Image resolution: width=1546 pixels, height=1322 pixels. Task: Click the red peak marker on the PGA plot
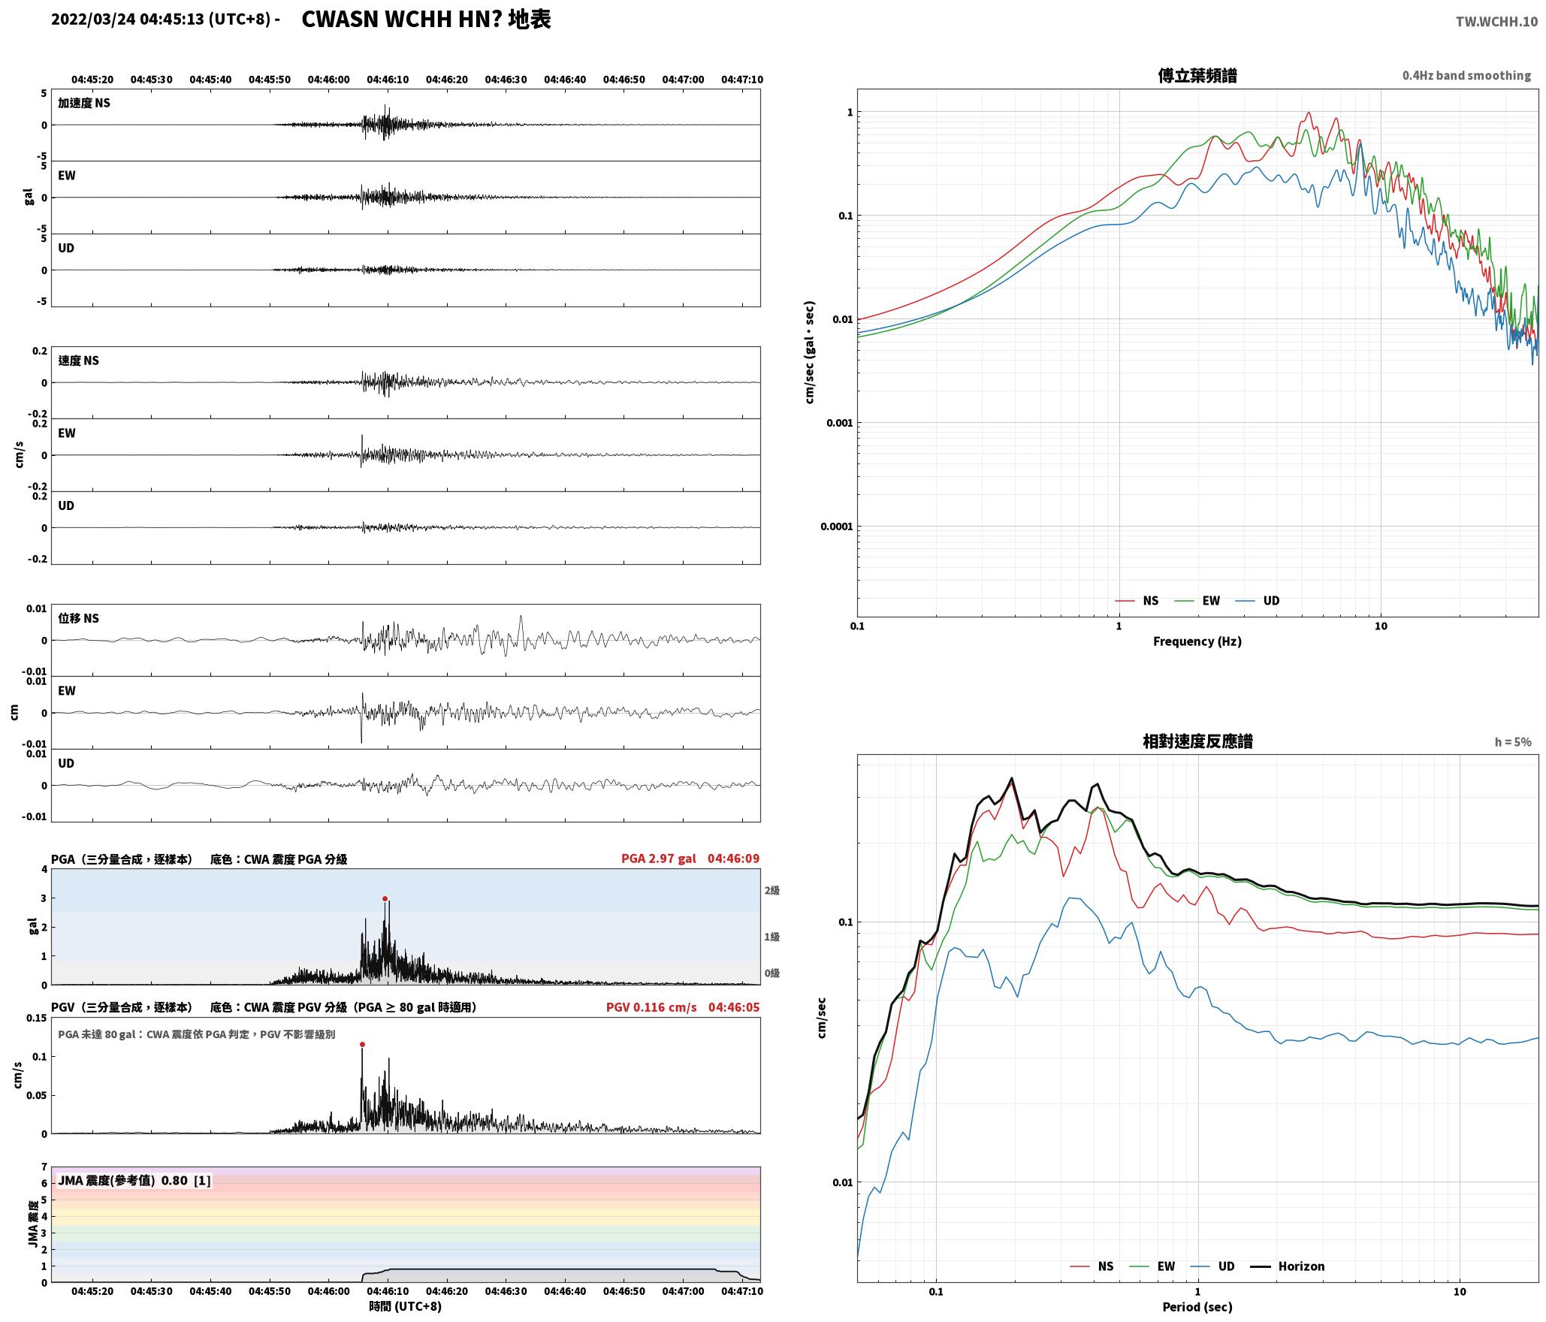pos(385,898)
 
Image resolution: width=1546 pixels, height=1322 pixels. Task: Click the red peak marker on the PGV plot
pos(362,1044)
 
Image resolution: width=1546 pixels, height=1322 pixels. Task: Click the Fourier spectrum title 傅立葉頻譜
pos(1197,76)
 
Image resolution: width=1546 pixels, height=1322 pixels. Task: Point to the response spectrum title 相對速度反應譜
pos(1197,741)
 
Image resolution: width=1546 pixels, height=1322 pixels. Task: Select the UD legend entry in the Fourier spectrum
pos(1258,601)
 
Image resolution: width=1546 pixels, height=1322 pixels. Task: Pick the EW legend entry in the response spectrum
pos(1152,1266)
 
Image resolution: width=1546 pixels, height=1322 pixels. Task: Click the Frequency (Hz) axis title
pos(1197,641)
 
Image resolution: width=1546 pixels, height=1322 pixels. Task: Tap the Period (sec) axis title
pos(1197,1307)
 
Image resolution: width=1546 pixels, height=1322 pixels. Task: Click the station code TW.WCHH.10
pos(1496,22)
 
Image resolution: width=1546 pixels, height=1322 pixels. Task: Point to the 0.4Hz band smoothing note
pos(1466,76)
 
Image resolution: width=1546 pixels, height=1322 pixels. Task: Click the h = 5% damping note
pos(1512,742)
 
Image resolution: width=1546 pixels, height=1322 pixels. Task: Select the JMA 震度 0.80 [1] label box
pos(134,1181)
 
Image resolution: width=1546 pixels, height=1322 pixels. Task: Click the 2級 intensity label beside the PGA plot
pos(772,891)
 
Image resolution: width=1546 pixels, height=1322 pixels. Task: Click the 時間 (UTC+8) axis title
pos(406,1306)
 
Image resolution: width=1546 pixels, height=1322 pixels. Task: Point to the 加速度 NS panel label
pos(84,103)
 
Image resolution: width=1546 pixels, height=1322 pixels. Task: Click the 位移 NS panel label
pos(78,618)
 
